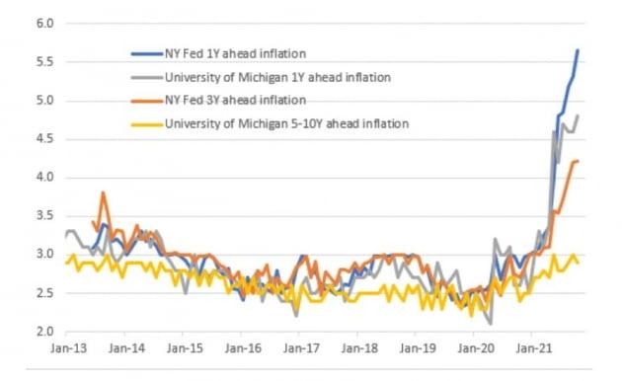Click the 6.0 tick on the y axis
pos(44,24)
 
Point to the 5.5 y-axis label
pos(44,62)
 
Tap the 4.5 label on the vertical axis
pos(44,139)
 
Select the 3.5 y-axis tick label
pos(44,216)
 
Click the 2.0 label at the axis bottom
pos(44,331)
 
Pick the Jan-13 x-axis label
pos(69,348)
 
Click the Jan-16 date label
pos(243,348)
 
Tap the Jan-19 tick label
pos(418,348)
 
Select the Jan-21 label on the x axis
pos(534,348)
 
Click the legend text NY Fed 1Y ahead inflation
pos(235,53)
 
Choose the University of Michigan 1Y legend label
pos(277,77)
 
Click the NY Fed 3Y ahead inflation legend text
pos(235,100)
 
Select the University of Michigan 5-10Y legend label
pos(286,123)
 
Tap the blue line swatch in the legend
pos(147,54)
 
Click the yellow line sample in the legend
pos(147,124)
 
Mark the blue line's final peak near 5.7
pos(578,50)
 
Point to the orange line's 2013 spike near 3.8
pos(103,192)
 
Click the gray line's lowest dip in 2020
pos(491,324)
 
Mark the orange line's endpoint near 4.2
pos(578,161)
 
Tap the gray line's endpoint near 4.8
pos(578,115)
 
